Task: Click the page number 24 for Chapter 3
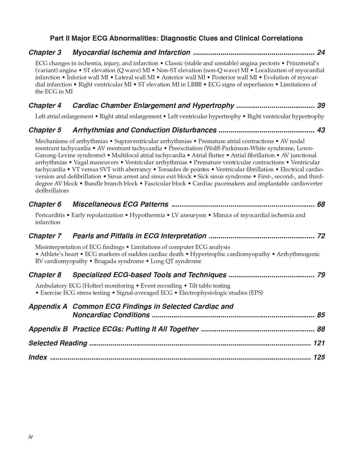pos(321,52)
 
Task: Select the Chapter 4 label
pos(45,106)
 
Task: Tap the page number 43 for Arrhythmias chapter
pos(321,130)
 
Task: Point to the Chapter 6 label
pos(45,204)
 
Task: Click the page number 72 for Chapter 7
pos(321,236)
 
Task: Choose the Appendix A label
pos(48,307)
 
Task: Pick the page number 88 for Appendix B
pos(321,329)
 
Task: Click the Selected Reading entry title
pos(58,343)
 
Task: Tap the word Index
pos(38,357)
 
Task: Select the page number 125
pos(319,357)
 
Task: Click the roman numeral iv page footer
pos(31,437)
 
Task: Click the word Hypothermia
pos(147,215)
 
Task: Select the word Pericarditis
pos(50,215)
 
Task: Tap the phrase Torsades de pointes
pos(183,169)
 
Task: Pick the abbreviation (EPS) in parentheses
pos(256,293)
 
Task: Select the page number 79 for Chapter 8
pos(321,275)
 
